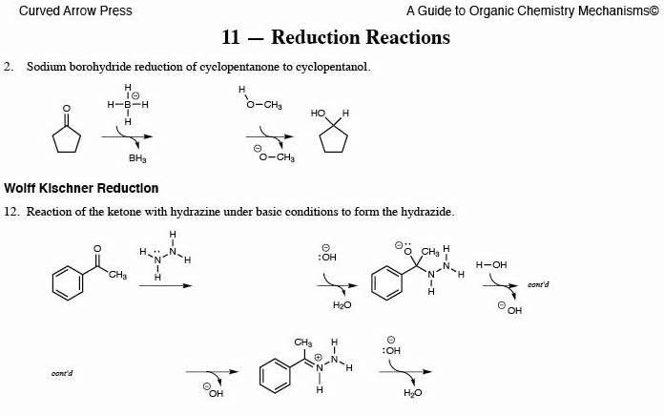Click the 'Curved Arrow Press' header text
68,11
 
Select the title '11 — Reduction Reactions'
335,38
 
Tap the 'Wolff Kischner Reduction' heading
81,188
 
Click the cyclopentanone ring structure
66,135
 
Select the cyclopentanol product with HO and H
332,133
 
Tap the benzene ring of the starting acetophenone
68,281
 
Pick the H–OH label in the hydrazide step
491,264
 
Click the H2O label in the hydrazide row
342,305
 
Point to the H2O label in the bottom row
412,392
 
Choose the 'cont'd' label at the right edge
538,284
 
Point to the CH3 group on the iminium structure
303,342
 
